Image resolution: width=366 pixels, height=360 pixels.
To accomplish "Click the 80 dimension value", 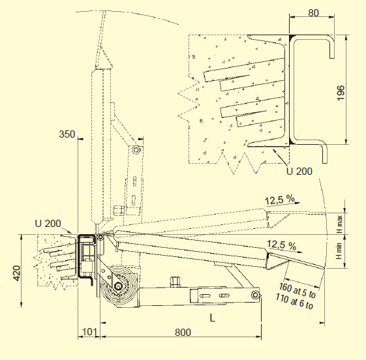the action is [313, 13].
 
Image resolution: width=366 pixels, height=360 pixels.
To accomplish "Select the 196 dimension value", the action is [341, 93].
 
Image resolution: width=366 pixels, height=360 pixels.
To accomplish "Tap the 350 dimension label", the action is [67, 134].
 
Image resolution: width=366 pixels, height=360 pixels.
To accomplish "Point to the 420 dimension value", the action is [16, 273].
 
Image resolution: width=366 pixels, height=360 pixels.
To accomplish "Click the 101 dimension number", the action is [89, 332].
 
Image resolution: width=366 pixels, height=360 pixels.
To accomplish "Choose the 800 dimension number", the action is [183, 332].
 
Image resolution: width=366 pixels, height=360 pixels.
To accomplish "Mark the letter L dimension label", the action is [212, 318].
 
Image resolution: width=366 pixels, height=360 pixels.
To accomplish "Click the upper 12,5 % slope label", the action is [280, 200].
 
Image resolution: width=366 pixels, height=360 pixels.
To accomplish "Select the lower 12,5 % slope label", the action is [281, 245].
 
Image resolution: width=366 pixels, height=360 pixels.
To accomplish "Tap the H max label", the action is [339, 224].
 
